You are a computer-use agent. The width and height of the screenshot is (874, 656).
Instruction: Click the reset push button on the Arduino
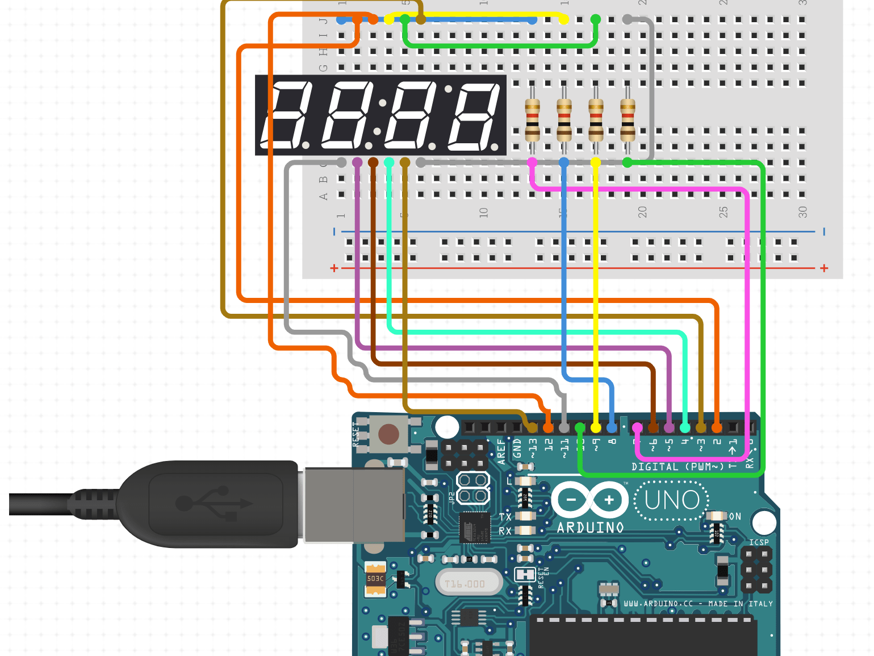point(388,435)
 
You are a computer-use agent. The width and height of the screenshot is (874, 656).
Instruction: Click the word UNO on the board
point(672,501)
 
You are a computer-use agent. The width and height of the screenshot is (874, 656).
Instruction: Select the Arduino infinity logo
point(590,500)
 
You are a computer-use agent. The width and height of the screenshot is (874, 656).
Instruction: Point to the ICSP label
point(759,542)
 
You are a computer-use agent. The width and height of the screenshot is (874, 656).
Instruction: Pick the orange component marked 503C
point(375,579)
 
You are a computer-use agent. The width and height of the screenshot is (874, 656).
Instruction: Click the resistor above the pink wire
point(532,119)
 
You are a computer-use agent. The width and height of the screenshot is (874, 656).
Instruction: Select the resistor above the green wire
point(628,119)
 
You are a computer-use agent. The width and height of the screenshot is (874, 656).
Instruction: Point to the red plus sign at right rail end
point(824,268)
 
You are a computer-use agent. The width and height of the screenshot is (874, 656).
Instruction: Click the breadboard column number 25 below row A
point(723,212)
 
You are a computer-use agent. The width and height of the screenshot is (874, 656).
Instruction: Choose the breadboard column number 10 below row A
point(483,212)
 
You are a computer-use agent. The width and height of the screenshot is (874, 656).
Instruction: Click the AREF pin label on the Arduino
point(501,451)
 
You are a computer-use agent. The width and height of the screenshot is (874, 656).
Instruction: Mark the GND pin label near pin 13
point(517,448)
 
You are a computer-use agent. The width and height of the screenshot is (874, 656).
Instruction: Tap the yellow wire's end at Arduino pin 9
point(596,427)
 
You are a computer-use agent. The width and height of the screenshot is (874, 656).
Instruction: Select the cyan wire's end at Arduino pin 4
point(685,427)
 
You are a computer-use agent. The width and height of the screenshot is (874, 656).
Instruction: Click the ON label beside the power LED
point(735,516)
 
